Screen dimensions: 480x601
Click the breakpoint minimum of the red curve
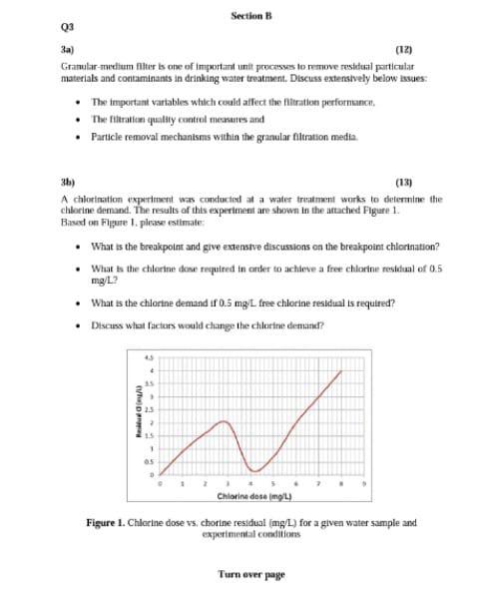click(x=253, y=470)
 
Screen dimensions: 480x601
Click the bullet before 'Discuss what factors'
click(x=77, y=325)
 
